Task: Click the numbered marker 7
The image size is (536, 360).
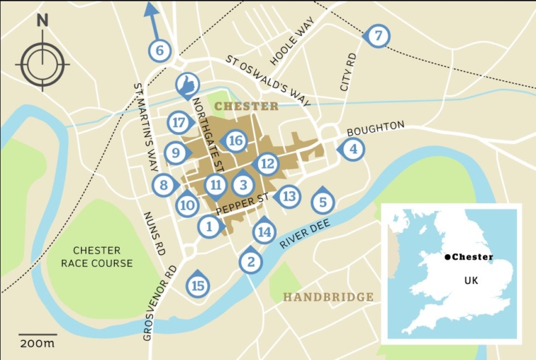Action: (379, 36)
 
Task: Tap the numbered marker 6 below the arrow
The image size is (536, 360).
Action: (160, 50)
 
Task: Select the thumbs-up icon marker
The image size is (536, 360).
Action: (187, 85)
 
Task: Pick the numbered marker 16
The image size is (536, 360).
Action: (236, 141)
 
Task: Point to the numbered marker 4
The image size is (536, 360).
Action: (353, 150)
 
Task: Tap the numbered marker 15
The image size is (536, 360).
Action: (198, 286)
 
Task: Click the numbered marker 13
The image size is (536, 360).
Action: (288, 197)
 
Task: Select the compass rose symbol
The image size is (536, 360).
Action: (43, 63)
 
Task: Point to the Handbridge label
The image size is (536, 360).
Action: (329, 297)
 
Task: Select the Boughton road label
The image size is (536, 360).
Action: (376, 129)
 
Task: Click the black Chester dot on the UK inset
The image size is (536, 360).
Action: (446, 257)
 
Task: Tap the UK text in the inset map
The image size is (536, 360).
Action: (471, 280)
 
